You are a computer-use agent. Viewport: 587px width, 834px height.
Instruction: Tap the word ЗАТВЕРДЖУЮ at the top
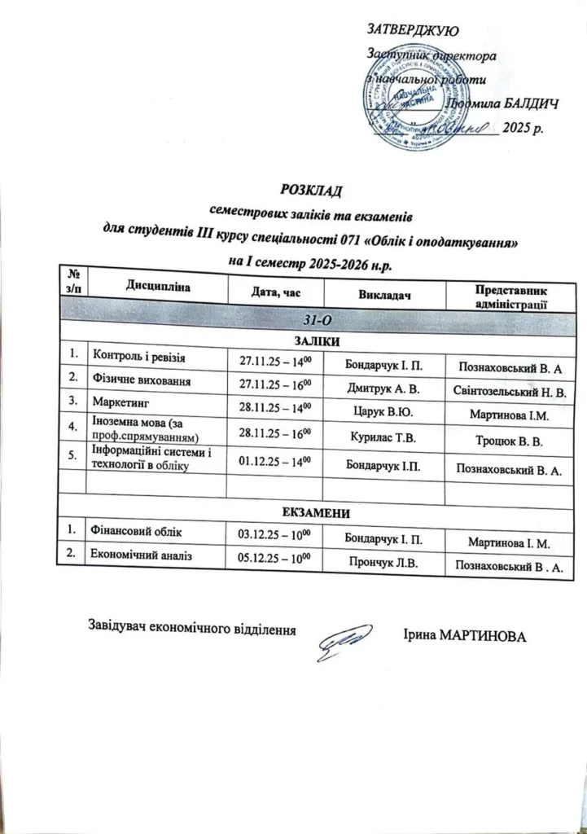pyautogui.click(x=414, y=31)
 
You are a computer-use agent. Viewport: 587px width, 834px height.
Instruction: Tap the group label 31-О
pyautogui.click(x=315, y=317)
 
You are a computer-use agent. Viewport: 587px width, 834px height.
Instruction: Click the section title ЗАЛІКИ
pyautogui.click(x=316, y=340)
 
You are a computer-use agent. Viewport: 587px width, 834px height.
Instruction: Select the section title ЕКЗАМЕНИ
pyautogui.click(x=316, y=512)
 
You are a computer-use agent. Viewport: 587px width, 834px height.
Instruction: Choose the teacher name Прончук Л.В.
pyautogui.click(x=382, y=562)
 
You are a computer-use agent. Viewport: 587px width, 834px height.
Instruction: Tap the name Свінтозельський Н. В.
pyautogui.click(x=509, y=391)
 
